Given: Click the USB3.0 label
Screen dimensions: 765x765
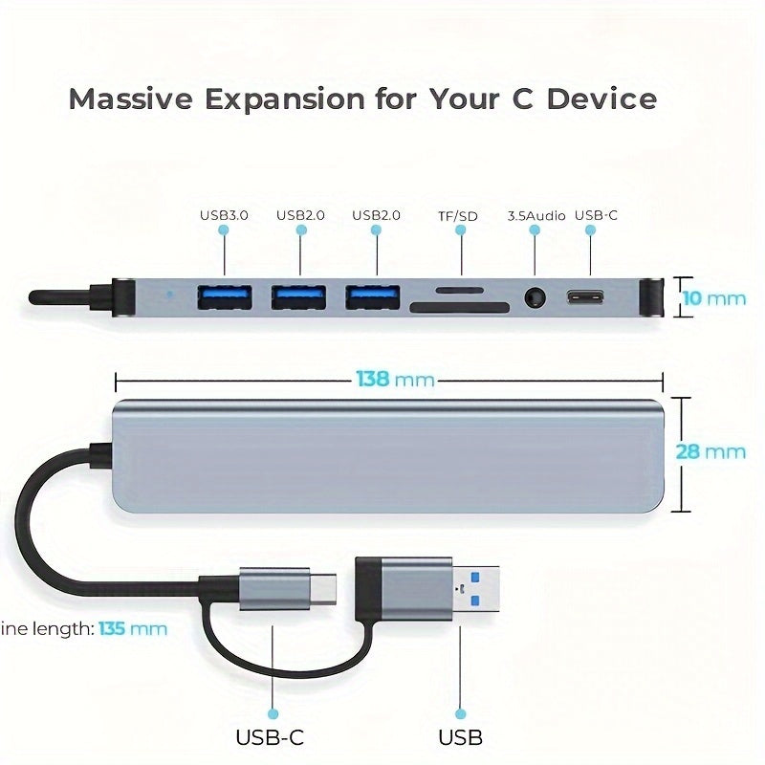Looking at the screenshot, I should click(x=224, y=215).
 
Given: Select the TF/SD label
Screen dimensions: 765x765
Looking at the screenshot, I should click(x=458, y=216).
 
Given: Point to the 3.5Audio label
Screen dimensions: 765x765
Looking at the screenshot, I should click(x=536, y=216).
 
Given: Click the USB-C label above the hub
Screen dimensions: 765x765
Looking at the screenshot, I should click(x=596, y=215).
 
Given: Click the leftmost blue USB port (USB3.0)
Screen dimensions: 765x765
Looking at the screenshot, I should click(x=225, y=297).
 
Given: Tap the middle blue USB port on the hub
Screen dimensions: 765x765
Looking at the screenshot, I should click(x=299, y=297).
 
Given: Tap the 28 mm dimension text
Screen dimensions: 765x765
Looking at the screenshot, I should click(x=710, y=451).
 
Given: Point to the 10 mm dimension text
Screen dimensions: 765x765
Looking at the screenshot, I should click(x=711, y=297).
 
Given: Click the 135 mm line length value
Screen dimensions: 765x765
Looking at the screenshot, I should click(x=133, y=629).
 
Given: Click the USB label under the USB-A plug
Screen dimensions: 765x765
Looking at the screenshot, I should click(x=460, y=737).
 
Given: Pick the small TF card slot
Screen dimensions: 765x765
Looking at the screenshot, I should click(x=459, y=288).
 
